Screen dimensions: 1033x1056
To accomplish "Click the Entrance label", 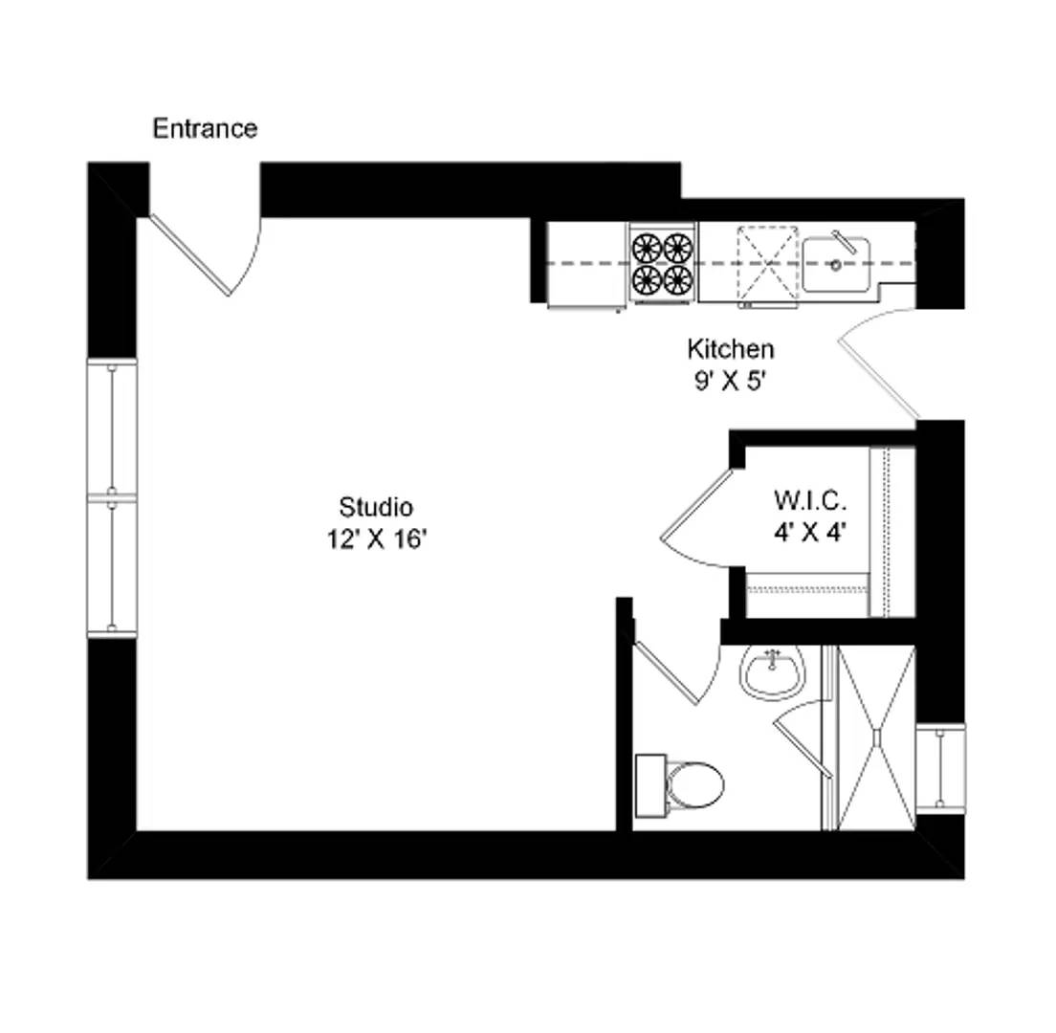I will coord(205,128).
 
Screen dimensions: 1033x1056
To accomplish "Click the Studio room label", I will coord(375,506).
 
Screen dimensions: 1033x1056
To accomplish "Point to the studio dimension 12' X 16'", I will coord(375,539).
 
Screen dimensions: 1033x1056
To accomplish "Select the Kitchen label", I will coord(730,348).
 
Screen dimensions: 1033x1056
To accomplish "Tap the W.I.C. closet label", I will coord(810,499).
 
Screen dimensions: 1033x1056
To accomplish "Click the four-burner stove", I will coord(662,263).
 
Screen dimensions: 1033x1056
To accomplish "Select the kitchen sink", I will coord(835,264).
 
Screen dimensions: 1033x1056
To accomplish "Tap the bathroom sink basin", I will coord(771,671).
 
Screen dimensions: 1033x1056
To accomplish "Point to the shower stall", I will coord(875,737).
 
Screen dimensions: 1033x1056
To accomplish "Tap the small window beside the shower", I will coord(939,767).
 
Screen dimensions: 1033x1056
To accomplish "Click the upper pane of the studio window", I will coord(112,427).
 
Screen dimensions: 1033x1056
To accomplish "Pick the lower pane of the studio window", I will coord(112,565).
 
